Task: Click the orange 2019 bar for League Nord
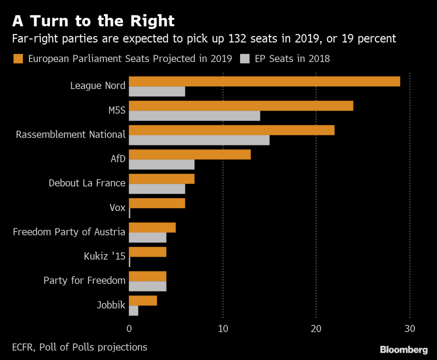264,81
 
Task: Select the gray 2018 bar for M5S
194,116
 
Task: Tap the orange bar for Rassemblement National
232,130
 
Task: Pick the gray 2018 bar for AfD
162,165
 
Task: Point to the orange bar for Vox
157,203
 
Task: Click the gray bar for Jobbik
133,311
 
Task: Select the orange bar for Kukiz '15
147,252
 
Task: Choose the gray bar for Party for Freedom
147,286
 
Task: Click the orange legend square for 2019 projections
19,59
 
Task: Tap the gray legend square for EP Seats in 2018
245,59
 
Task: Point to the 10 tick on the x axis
223,329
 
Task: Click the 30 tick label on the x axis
410,329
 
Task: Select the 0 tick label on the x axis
129,329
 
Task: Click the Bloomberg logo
404,350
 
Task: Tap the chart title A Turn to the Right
93,21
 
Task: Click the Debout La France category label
87,183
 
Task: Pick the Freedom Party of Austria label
69,232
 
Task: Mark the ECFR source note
80,347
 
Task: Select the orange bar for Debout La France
162,179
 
